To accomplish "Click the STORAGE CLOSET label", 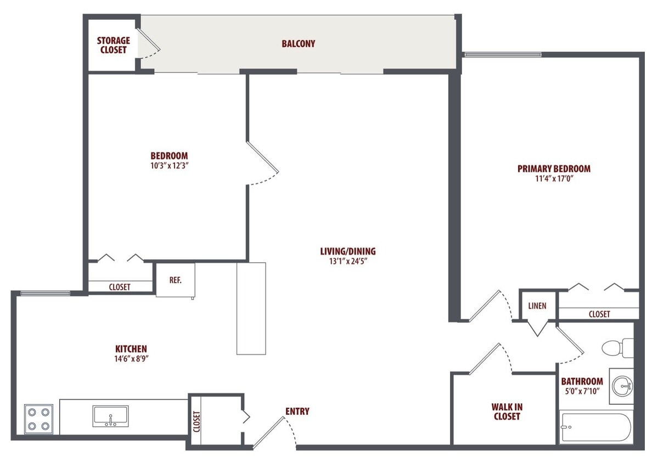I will [114, 45].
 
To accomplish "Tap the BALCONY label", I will [298, 44].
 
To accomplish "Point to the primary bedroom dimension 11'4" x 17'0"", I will [553, 178].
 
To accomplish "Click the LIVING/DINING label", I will [348, 251].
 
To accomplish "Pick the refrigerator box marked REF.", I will [175, 280].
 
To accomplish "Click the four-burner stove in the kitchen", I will [38, 419].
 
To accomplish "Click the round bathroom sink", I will [622, 386].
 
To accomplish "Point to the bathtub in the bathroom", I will [595, 427].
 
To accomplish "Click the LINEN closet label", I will [537, 306].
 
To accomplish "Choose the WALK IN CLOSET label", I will [507, 411].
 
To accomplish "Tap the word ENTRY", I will [297, 411].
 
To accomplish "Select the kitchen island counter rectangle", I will [251, 308].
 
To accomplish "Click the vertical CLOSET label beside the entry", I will [196, 421].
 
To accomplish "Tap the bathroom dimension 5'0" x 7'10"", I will [582, 391].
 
